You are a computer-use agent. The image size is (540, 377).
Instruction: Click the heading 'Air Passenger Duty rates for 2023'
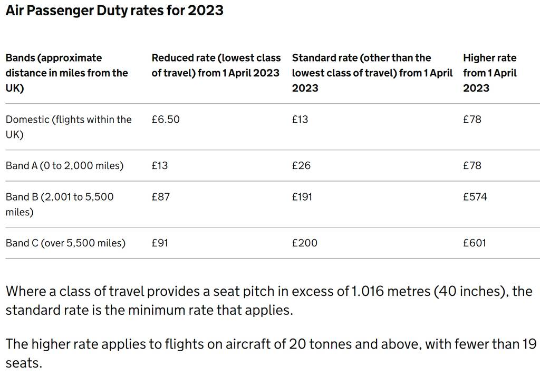pos(114,11)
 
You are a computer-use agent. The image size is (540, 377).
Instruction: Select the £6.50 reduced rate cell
pos(166,120)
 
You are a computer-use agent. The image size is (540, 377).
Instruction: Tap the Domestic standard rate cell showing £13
pos(300,120)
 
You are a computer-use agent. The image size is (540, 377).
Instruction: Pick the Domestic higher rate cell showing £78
pos(472,120)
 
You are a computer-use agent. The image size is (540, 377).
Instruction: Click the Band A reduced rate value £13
pos(160,165)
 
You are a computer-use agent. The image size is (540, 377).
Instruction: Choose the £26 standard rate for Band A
pos(301,165)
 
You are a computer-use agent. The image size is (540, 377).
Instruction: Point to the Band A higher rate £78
pos(472,165)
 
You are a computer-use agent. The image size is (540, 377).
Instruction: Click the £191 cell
pos(302,197)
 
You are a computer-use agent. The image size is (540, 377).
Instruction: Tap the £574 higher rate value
pos(475,197)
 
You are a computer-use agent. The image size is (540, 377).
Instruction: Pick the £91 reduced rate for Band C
pos(160,243)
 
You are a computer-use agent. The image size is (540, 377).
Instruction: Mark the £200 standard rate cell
pos(304,243)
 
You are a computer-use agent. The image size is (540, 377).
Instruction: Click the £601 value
pos(475,243)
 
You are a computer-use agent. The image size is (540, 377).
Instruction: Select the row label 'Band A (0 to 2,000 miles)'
pos(64,165)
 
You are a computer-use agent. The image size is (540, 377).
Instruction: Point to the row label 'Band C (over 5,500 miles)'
pos(65,243)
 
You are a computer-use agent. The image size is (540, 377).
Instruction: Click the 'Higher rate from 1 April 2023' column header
pos(489,73)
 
